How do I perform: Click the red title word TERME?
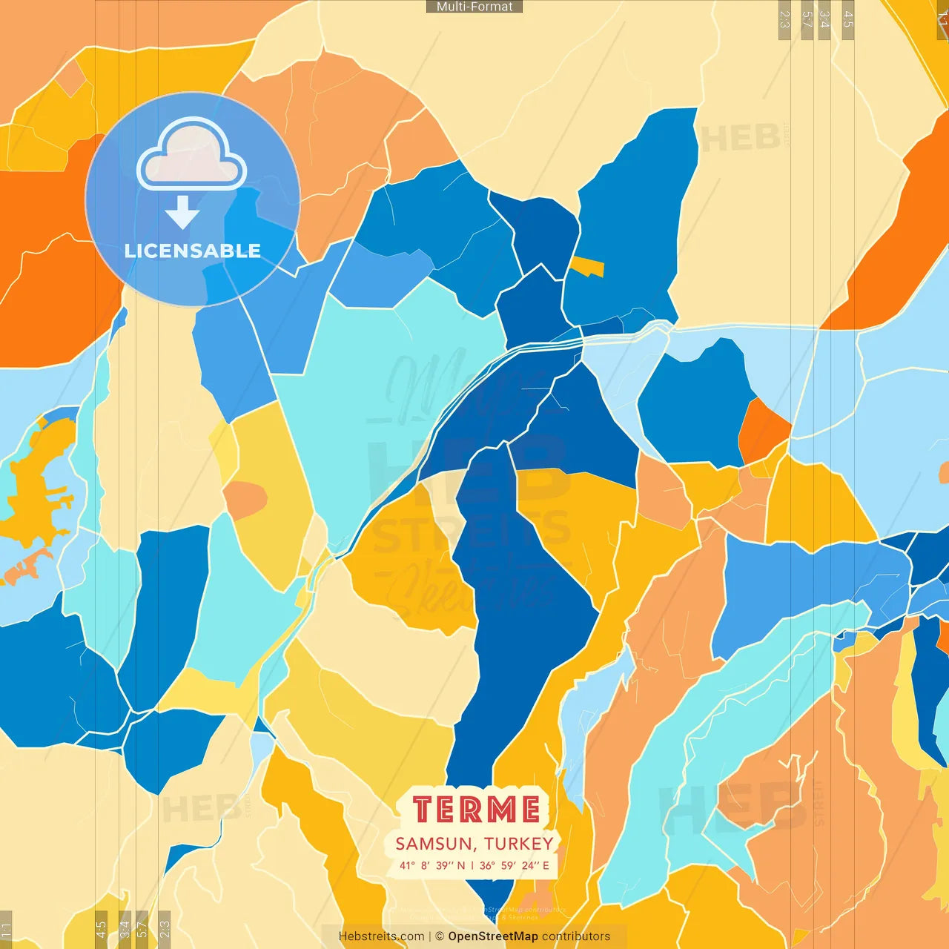pyautogui.click(x=476, y=809)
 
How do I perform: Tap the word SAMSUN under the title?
pyautogui.click(x=434, y=844)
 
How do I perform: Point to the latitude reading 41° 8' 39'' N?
pyautogui.click(x=432, y=865)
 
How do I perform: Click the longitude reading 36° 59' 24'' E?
pyautogui.click(x=515, y=865)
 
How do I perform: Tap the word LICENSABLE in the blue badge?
pyautogui.click(x=193, y=251)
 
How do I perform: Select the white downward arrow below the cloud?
pyautogui.click(x=182, y=211)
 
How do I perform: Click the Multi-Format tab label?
pyautogui.click(x=474, y=7)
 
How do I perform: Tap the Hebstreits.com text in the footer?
pyautogui.click(x=381, y=936)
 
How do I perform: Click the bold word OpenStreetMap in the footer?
pyautogui.click(x=493, y=936)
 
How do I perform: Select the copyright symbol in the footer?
pyautogui.click(x=440, y=936)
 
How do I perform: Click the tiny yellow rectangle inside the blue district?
pyautogui.click(x=587, y=267)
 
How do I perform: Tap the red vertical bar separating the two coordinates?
pyautogui.click(x=472, y=865)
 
